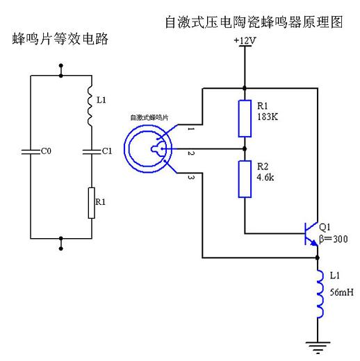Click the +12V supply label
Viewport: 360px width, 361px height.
245,40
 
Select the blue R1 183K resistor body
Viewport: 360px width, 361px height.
245,119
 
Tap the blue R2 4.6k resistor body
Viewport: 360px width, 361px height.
245,179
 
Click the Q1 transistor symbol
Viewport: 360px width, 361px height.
311,234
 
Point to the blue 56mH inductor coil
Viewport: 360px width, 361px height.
320,294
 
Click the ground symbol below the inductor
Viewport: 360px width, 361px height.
318,348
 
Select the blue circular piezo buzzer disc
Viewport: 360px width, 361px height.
148,149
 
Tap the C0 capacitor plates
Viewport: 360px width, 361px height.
31,151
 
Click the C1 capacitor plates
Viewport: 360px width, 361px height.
92,151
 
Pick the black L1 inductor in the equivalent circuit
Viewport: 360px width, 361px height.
90,106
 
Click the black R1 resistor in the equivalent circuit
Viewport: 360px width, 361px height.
92,203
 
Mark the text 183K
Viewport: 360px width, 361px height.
268,117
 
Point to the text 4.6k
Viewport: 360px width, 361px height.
265,177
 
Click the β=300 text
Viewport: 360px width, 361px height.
334,239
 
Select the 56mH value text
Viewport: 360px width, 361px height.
342,292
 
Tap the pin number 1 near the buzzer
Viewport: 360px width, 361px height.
190,128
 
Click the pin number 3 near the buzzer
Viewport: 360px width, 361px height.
190,177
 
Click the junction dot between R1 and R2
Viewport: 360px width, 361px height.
245,149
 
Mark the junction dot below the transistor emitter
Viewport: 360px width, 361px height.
318,258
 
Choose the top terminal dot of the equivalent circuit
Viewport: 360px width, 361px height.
61,66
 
